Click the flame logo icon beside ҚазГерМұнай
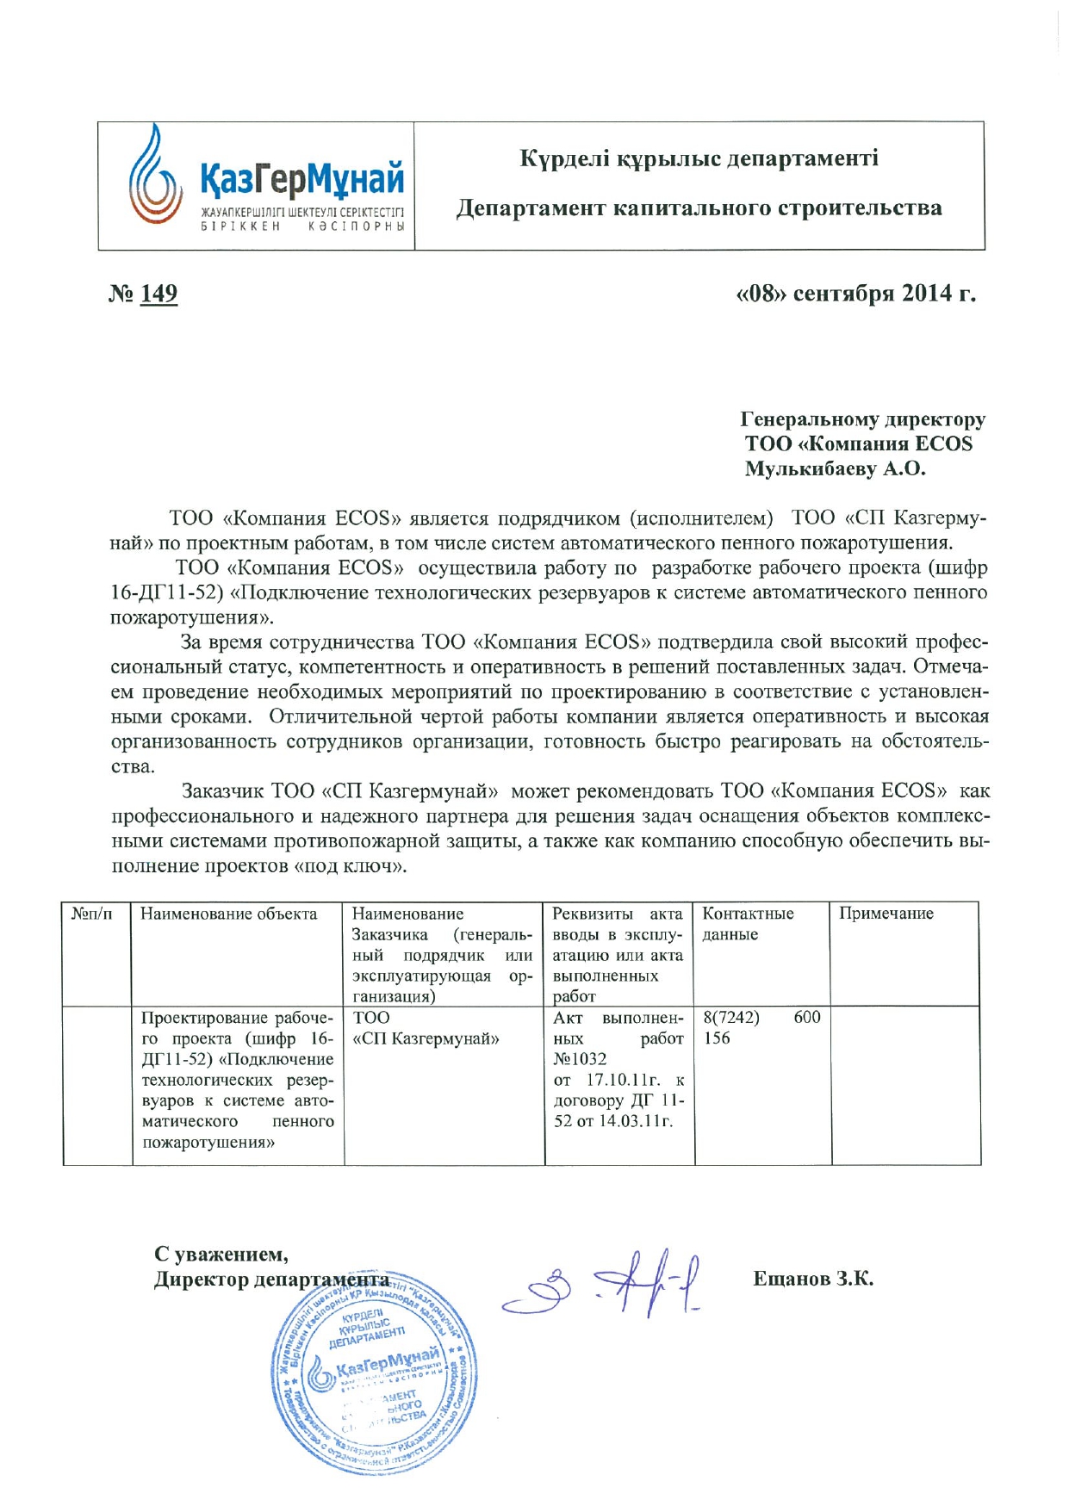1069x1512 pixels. [x=155, y=176]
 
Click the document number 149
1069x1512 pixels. [x=158, y=294]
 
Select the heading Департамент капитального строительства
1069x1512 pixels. [x=699, y=208]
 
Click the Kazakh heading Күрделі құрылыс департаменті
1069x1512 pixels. [x=699, y=158]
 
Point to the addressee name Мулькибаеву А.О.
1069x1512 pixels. [x=835, y=469]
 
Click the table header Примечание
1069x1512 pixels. [x=886, y=914]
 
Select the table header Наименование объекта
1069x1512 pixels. [x=228, y=914]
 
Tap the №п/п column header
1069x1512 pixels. [x=91, y=914]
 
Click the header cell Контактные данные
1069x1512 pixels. [x=748, y=924]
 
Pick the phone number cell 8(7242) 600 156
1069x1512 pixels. [x=761, y=1028]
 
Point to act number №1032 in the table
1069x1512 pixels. [x=580, y=1060]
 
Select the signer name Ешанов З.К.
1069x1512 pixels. [x=812, y=1280]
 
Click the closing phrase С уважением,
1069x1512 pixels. [x=221, y=1255]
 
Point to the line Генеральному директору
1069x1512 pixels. [x=862, y=420]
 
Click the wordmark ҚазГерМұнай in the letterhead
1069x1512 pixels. [x=302, y=178]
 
